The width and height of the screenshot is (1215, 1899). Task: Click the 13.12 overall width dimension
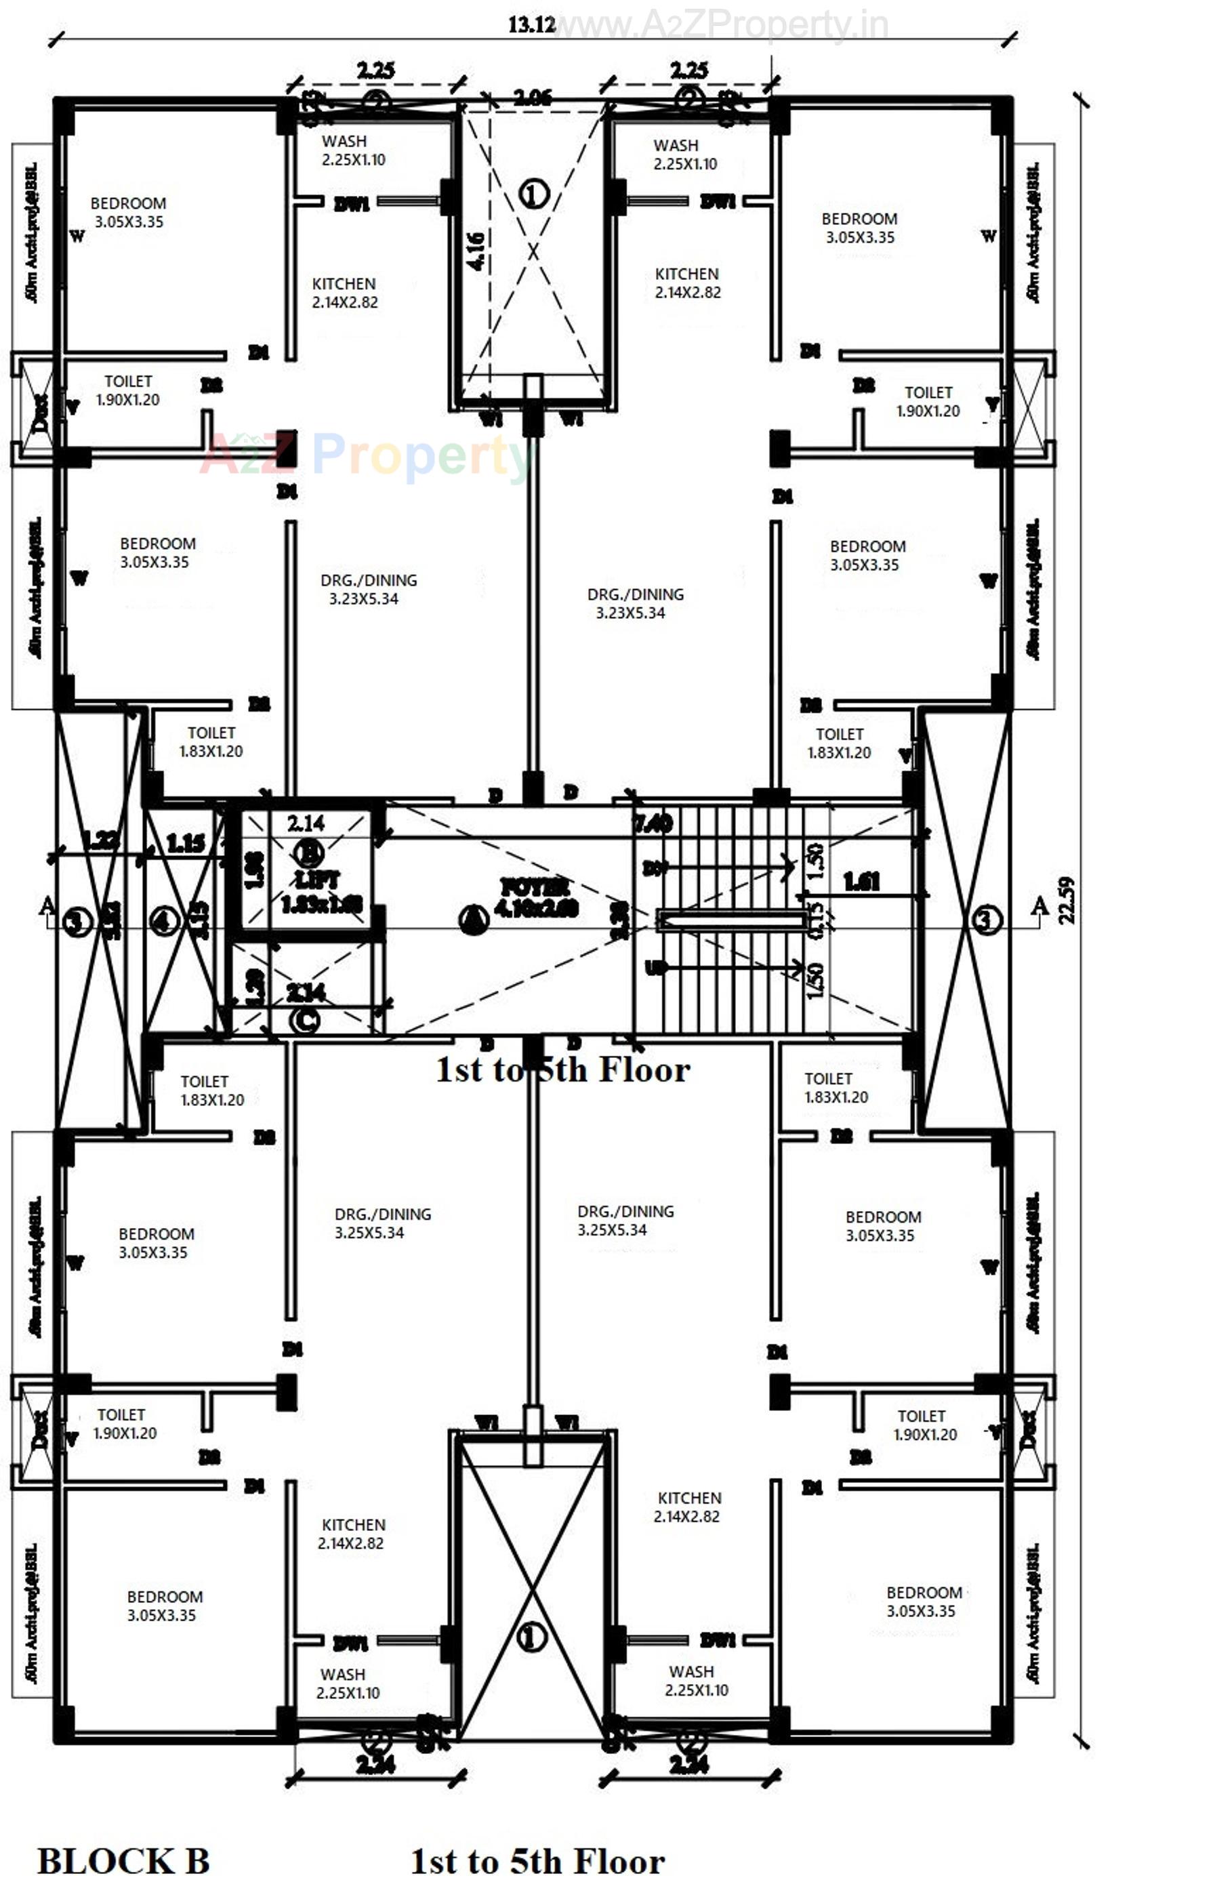(531, 24)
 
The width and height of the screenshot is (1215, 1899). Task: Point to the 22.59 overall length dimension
(1067, 899)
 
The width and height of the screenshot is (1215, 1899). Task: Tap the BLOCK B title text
(124, 1862)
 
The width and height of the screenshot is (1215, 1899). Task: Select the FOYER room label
(537, 898)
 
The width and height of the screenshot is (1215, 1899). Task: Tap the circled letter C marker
(304, 1021)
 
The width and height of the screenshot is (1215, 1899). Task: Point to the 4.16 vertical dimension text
(476, 251)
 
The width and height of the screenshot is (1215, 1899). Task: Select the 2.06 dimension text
(533, 98)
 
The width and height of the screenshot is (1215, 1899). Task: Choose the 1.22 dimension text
(101, 840)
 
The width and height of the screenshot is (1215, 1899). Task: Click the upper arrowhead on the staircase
(787, 865)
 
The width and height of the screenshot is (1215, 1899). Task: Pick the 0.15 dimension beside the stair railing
(816, 920)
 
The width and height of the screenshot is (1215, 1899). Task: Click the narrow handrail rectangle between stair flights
(730, 920)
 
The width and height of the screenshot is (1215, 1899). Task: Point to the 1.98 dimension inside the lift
(254, 869)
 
